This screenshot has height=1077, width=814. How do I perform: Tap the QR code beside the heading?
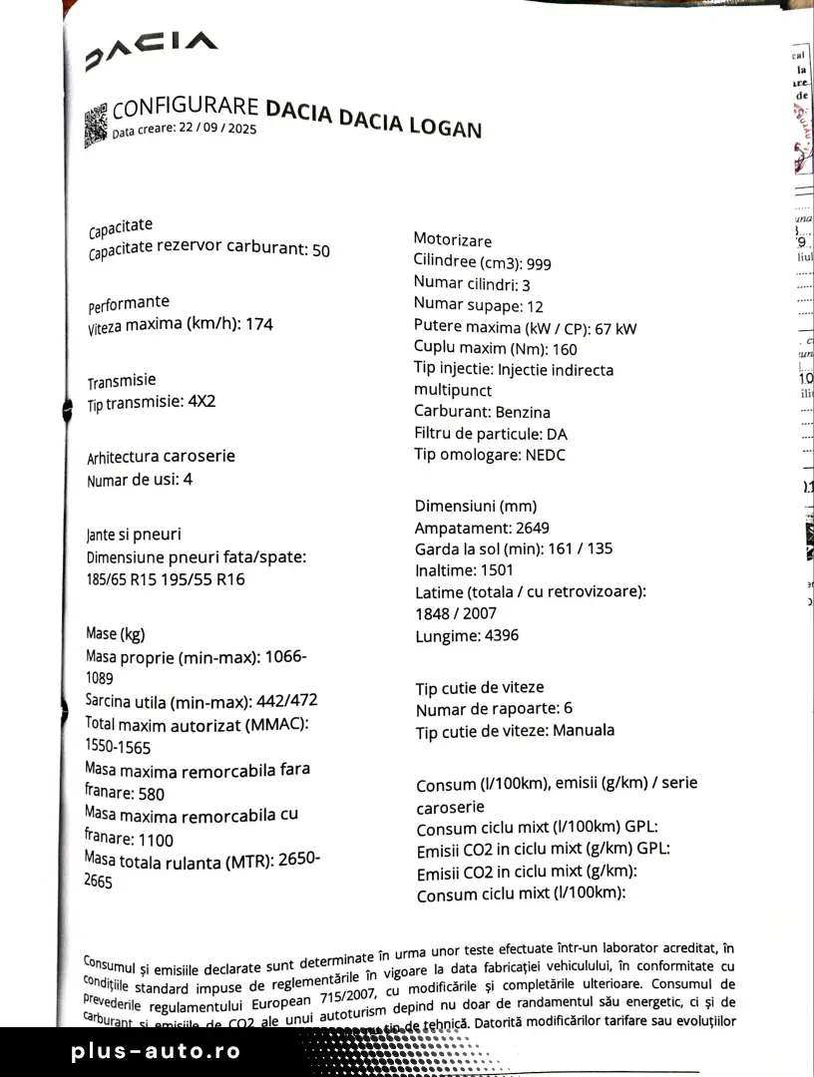[x=96, y=125]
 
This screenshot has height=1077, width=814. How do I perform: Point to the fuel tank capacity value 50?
[x=320, y=250]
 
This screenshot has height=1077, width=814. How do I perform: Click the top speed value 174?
[x=258, y=324]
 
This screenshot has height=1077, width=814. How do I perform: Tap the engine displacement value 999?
[x=539, y=263]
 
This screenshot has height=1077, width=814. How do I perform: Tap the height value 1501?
[x=496, y=570]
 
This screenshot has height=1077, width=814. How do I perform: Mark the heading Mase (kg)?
[x=116, y=634]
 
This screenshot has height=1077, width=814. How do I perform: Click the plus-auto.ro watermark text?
[x=156, y=1051]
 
